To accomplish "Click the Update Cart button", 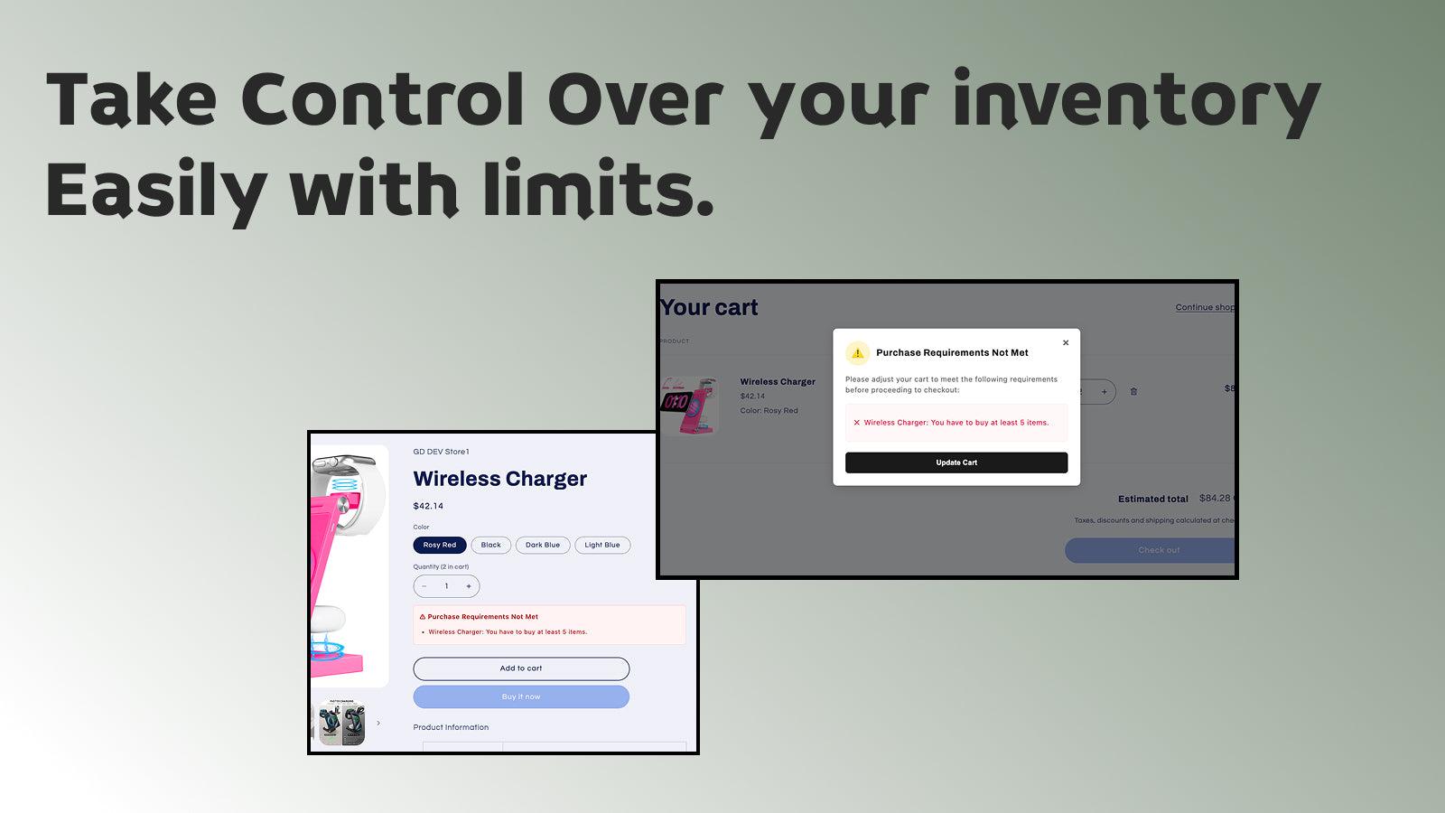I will point(956,463).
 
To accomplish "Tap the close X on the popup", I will point(1066,343).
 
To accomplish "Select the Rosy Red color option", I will point(440,545).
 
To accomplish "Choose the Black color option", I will point(490,545).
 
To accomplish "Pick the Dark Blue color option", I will point(543,545).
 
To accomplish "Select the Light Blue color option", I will point(602,545).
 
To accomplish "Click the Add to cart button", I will point(521,668).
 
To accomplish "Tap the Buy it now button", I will point(521,696).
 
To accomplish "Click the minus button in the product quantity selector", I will point(424,586).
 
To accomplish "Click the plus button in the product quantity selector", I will point(469,586).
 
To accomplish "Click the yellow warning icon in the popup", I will point(857,353).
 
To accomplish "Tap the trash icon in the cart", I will point(1133,391).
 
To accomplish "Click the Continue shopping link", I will point(1205,307).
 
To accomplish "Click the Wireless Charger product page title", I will point(499,479).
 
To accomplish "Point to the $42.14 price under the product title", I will point(428,506).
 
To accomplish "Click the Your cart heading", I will point(710,308).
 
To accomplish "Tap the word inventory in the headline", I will point(1136,101).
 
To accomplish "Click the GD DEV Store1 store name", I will point(441,452).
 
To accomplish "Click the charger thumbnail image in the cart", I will point(691,404).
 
